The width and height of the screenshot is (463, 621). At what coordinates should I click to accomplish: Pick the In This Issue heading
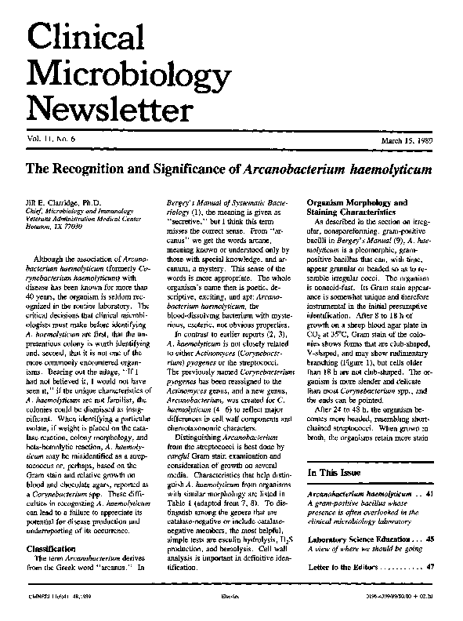[x=338, y=474]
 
